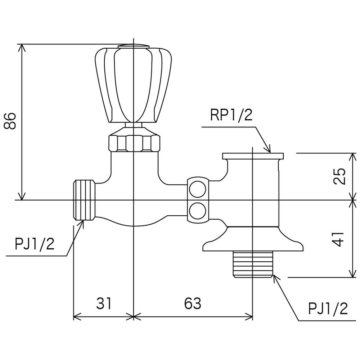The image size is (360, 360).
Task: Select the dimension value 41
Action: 338,240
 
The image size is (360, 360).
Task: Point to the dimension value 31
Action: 104,303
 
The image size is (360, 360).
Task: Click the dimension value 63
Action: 192,303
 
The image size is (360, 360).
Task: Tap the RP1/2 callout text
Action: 231,115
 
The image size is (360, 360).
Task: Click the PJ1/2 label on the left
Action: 35,244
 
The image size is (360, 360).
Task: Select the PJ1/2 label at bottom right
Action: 328,308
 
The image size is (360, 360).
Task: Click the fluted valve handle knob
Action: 134,85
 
